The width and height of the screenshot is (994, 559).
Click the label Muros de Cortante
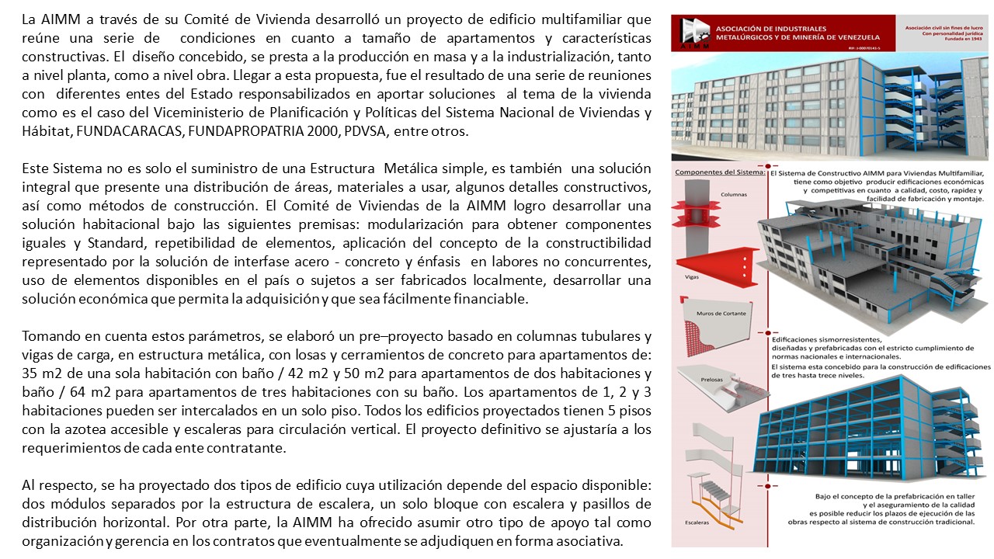pos(709,314)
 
